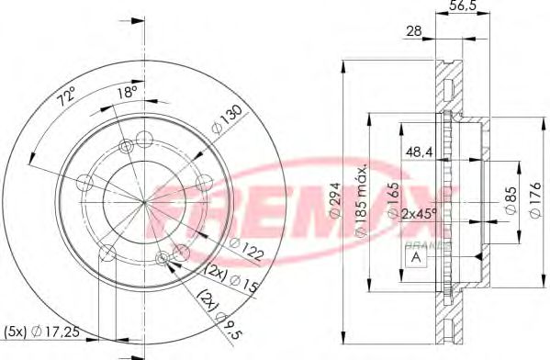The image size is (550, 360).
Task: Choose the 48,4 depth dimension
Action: pos(421,152)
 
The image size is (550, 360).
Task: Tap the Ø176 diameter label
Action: pos(536,197)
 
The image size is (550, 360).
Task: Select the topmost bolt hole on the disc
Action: pos(142,140)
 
